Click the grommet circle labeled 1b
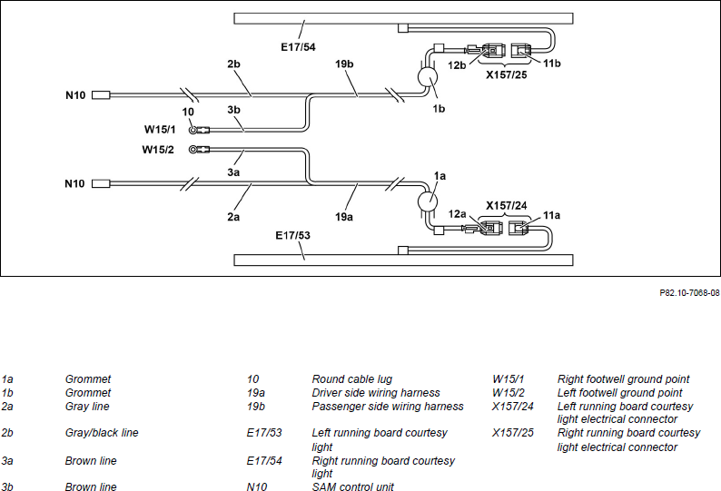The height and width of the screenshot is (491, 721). coord(428,77)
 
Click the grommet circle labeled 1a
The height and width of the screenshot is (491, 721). coord(427,201)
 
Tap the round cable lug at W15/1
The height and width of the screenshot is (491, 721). coord(193,130)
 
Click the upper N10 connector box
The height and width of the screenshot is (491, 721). coord(101,95)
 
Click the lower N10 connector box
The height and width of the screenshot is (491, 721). coord(101,183)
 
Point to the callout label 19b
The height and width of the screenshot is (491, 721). coord(344,64)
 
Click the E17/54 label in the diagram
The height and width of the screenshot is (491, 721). coord(298,47)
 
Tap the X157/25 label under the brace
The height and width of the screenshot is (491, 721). coord(507,74)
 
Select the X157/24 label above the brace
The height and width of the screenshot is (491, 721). coord(507,205)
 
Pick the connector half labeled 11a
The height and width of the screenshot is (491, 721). coord(519,228)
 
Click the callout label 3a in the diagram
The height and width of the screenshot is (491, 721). coord(233,172)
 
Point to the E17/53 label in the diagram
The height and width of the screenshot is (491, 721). coord(293,235)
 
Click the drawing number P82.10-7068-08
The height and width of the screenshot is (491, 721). coord(689,293)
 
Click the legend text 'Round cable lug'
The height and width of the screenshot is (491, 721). coord(351,379)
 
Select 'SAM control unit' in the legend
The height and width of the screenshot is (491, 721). coord(352,486)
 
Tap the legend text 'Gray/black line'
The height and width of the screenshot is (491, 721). coord(102,433)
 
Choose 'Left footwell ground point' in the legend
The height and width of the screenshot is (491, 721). coord(619,393)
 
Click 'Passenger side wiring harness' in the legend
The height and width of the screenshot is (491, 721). coord(388,407)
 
